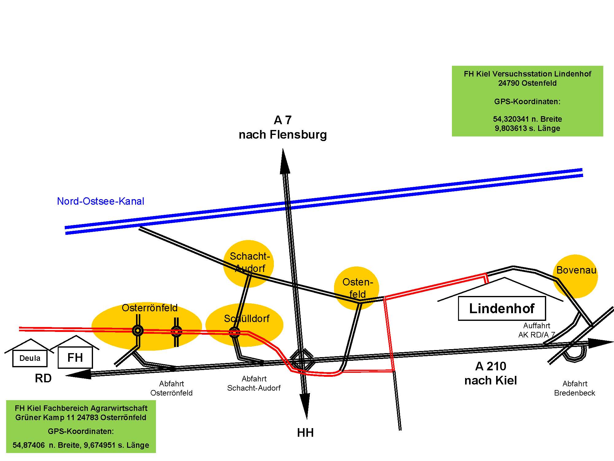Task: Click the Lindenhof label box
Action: [502, 308]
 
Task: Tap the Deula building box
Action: [30, 358]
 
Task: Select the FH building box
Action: [75, 357]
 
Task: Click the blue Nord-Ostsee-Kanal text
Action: [100, 201]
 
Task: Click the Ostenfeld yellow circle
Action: [357, 288]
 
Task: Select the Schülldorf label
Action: [247, 319]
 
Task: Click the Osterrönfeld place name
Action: [150, 308]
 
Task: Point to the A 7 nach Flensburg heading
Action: [283, 127]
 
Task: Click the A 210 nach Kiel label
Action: [491, 373]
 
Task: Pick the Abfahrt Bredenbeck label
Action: [574, 388]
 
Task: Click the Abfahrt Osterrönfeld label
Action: [171, 388]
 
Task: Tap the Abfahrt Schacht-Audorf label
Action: [254, 383]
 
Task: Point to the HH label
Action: [305, 433]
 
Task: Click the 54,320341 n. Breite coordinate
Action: [527, 119]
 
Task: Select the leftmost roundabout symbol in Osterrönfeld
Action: [138, 331]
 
